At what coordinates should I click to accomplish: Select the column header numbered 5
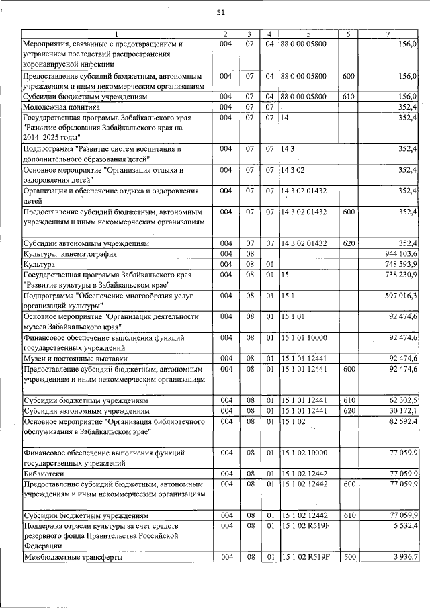pyautogui.click(x=308, y=34)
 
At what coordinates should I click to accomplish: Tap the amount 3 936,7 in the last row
pyautogui.click(x=404, y=557)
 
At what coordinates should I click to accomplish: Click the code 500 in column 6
pyautogui.click(x=348, y=557)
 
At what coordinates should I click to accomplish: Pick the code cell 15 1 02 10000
pyautogui.click(x=306, y=453)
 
